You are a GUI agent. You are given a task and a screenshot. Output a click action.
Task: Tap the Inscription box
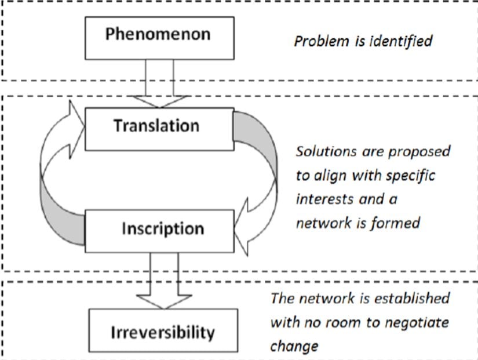[x=163, y=228]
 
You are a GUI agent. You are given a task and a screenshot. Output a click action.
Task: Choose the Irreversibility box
[x=163, y=332]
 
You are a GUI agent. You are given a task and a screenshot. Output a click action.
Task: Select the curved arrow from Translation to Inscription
[x=258, y=174]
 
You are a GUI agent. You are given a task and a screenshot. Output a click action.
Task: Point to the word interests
[x=324, y=199]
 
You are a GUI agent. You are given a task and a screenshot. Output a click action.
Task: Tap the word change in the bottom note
[x=294, y=346]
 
